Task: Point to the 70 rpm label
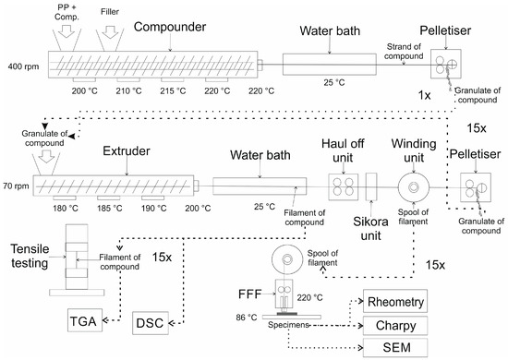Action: [x=16, y=184]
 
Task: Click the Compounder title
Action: [x=168, y=27]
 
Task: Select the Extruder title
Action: [x=101, y=149]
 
